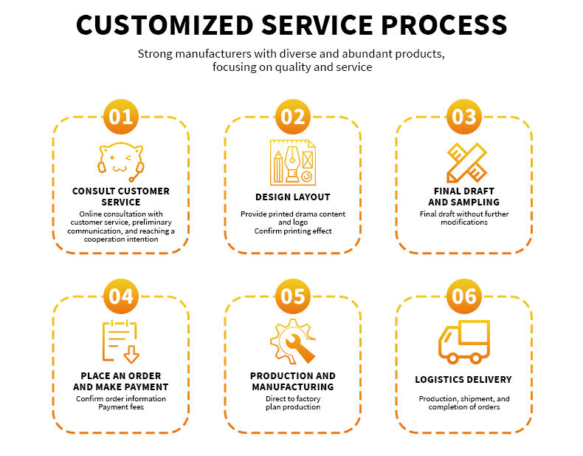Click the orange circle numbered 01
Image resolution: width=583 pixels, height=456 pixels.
coord(121,117)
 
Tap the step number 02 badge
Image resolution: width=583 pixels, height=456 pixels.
coord(293,117)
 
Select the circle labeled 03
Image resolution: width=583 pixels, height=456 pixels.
coord(464,117)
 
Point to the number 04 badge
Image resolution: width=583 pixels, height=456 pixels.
coord(121,296)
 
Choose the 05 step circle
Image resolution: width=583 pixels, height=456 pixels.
coord(293,296)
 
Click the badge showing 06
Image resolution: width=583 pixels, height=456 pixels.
coord(464,296)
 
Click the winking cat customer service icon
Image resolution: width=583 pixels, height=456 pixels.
coord(121,162)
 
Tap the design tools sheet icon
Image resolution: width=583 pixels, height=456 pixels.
coord(293,163)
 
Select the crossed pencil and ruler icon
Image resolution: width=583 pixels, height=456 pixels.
coord(466,163)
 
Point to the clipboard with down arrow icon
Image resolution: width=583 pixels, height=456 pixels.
coord(121,341)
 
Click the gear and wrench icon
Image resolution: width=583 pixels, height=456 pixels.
coord(293,341)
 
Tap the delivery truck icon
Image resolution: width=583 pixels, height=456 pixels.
coord(464,341)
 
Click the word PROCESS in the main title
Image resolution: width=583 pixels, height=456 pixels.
coord(444,25)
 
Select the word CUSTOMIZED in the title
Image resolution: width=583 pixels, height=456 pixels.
coord(165,25)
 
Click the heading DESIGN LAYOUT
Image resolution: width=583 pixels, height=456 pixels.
coord(293,197)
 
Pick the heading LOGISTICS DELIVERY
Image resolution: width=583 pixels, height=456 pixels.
coord(463,379)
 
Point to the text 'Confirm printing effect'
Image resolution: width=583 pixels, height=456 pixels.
coord(293,231)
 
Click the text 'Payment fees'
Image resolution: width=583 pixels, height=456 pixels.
coord(121,407)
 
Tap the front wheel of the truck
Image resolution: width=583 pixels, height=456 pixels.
coord(452,358)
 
